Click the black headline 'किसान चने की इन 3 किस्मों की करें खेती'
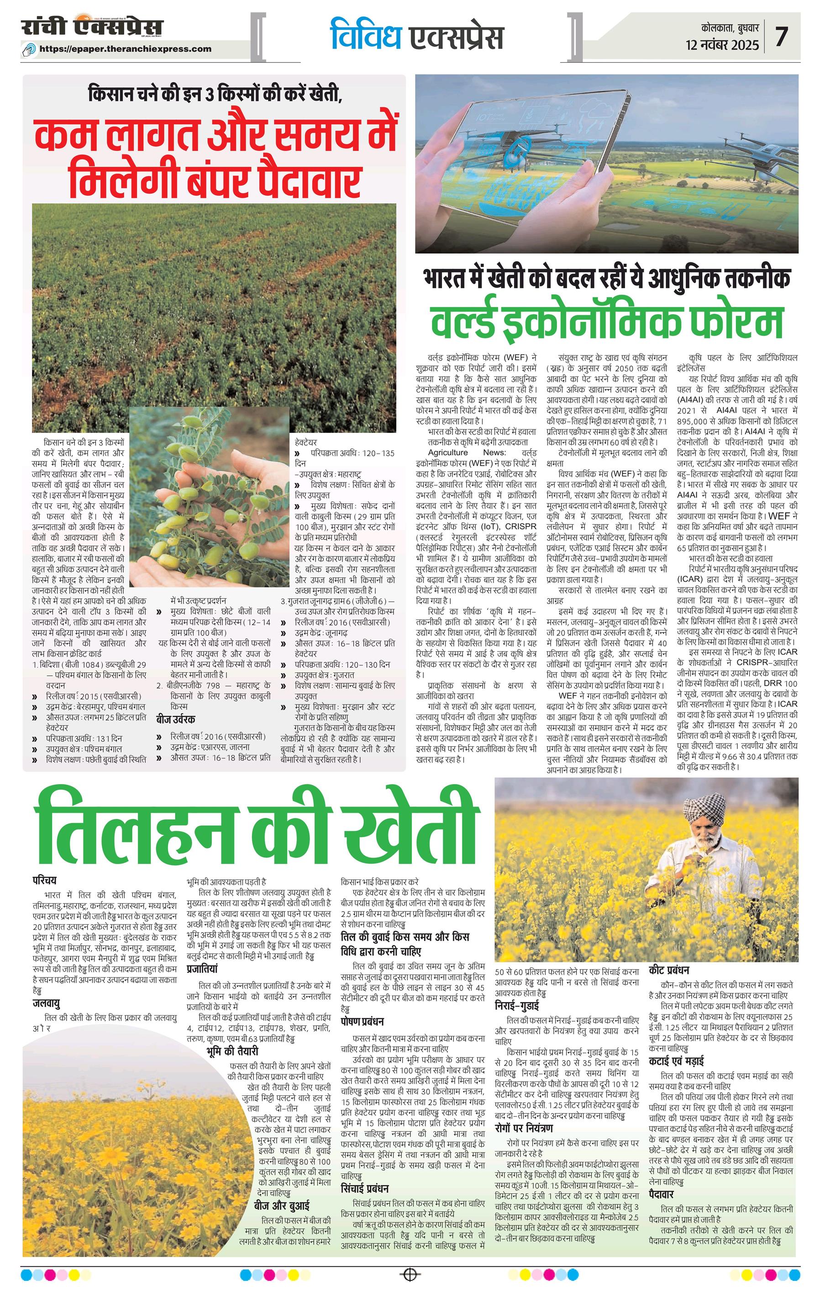tap(215, 95)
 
